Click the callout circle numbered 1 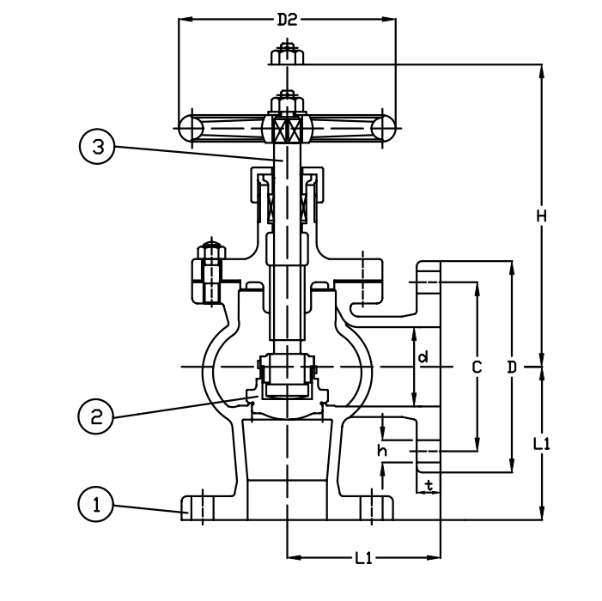click(x=96, y=504)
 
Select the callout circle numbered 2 click(x=96, y=416)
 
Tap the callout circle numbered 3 click(x=97, y=146)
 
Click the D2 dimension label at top click(x=287, y=20)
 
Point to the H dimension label click(x=541, y=216)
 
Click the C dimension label click(x=477, y=367)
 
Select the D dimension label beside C click(x=512, y=367)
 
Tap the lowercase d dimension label click(x=423, y=357)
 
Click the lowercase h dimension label click(x=382, y=451)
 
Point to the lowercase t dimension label click(x=429, y=485)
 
